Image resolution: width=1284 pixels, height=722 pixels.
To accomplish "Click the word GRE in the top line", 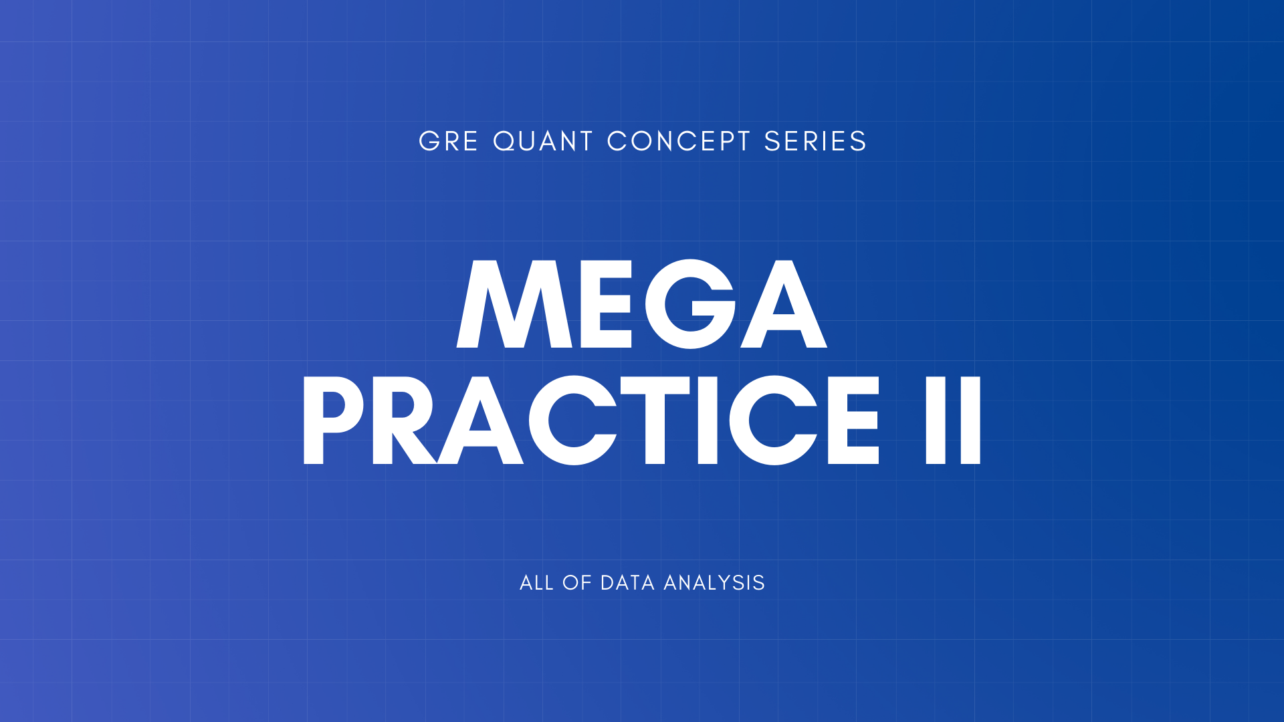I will [x=448, y=142].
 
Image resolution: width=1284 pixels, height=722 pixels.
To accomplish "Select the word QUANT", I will [x=543, y=142].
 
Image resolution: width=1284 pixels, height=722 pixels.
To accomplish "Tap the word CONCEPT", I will [x=679, y=142].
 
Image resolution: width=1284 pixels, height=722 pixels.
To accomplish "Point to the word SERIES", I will [x=815, y=142].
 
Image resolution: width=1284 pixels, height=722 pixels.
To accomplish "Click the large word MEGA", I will [x=642, y=304].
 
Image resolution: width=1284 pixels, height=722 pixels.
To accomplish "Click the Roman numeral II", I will [x=953, y=420].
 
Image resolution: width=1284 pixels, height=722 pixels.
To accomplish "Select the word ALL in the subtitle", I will [x=536, y=583].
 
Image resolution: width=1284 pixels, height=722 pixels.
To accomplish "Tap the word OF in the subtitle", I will [x=577, y=583].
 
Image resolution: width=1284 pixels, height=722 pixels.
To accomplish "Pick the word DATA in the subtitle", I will [x=627, y=583].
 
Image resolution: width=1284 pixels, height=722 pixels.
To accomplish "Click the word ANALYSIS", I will [x=714, y=583].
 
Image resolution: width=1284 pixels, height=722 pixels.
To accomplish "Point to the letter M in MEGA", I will [x=514, y=304].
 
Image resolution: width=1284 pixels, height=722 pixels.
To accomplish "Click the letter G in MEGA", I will [x=690, y=304].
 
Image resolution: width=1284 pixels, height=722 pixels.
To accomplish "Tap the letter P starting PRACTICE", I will [x=332, y=420].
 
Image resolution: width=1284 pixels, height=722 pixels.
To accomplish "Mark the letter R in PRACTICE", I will [x=401, y=420].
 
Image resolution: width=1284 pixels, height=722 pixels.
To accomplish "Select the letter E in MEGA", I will [x=606, y=304].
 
